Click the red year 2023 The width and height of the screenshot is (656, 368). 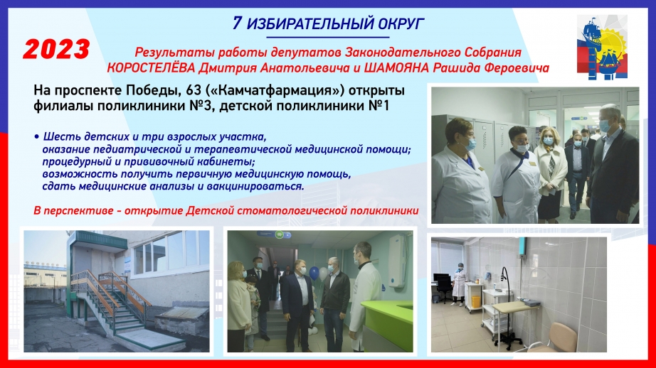point(56,49)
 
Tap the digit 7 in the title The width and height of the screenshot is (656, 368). point(237,23)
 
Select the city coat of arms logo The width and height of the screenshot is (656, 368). point(602,47)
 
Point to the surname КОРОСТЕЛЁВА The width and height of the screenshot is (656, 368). point(151,68)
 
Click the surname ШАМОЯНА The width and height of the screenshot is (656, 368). point(396,68)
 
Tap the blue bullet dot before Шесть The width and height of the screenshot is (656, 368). point(37,136)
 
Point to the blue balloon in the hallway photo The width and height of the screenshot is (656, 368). point(314,274)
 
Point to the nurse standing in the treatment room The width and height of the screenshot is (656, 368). point(459,285)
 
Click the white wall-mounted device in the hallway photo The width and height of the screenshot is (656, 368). point(396,261)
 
